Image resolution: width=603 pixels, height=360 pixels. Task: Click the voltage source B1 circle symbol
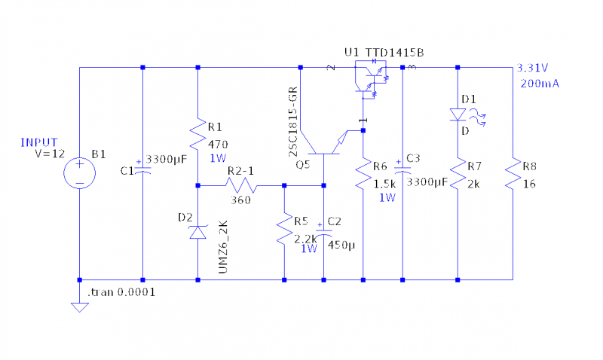click(78, 172)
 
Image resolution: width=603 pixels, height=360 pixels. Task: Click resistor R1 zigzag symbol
click(197, 133)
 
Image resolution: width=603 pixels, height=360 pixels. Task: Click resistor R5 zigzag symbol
click(284, 230)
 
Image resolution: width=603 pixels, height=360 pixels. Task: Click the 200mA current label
click(539, 84)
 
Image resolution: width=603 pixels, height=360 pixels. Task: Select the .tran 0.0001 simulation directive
click(121, 291)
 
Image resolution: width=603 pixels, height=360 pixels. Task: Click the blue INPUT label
click(39, 142)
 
